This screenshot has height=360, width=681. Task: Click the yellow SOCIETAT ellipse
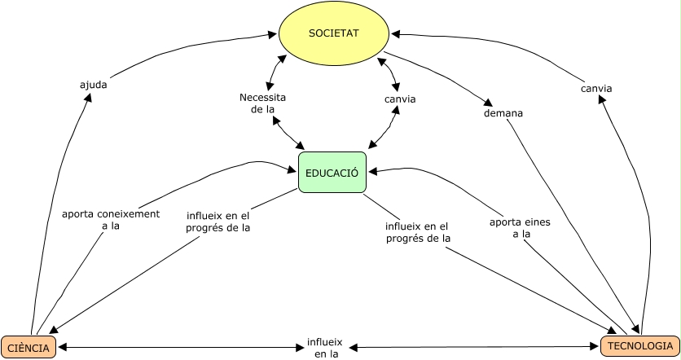coord(334,33)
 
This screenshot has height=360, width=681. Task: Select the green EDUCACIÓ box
coord(332,172)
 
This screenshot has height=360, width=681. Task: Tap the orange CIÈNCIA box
coord(29,347)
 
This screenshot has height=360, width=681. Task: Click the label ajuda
coord(93,85)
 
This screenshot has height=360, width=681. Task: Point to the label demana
coord(503,113)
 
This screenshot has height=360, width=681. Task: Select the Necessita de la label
coord(262,103)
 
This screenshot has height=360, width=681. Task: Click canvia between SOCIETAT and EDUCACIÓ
coord(400,99)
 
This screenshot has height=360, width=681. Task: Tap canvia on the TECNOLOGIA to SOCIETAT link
coord(596,88)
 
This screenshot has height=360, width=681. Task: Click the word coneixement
coord(129,214)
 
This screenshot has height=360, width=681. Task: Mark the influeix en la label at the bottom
coord(324,348)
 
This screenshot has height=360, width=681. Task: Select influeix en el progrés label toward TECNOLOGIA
coord(417,231)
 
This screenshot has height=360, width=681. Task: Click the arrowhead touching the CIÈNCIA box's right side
coord(63,348)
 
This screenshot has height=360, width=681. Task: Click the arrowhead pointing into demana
coord(489,104)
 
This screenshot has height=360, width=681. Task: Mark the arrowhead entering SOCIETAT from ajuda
coord(274,34)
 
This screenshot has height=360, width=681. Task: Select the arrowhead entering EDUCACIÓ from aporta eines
coord(372,172)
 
